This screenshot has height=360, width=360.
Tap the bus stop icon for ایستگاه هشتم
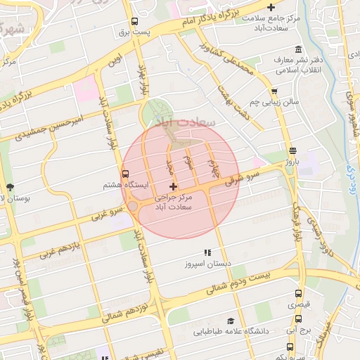pyautogui.click(x=126, y=174)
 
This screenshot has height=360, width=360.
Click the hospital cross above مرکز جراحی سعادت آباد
pyautogui.click(x=173, y=186)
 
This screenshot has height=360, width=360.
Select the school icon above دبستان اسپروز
pyautogui.click(x=207, y=252)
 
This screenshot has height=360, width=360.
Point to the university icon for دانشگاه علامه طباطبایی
pyautogui.click(x=231, y=320)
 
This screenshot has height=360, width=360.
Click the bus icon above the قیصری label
pyautogui.click(x=299, y=294)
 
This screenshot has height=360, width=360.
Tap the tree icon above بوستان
pyautogui.click(x=10, y=187)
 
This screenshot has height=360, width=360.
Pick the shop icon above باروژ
pyautogui.click(x=292, y=150)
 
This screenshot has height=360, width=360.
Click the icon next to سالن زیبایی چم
pyautogui.click(x=274, y=91)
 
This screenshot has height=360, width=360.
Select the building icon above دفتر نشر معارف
pyautogui.click(x=300, y=49)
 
